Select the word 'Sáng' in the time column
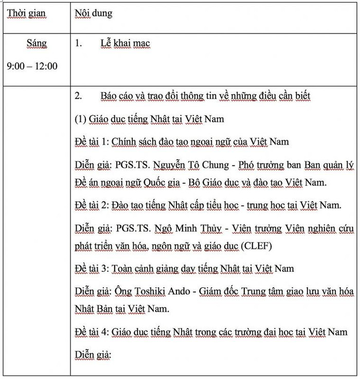(x=36, y=44)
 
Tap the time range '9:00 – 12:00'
(x=32, y=66)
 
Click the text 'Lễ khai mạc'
(x=125, y=44)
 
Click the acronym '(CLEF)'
(x=256, y=246)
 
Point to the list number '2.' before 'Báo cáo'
(x=78, y=96)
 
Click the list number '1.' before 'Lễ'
(x=78, y=44)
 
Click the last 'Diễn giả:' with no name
(x=93, y=355)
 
